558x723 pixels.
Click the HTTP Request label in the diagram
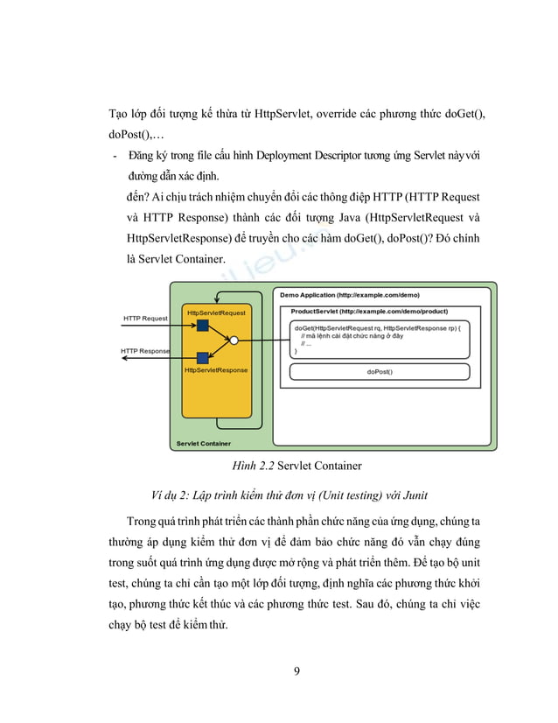coord(145,319)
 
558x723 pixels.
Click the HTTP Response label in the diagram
coord(145,351)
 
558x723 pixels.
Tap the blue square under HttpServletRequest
coord(203,325)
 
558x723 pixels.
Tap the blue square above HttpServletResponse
coord(203,357)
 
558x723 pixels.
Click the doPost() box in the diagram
coord(380,372)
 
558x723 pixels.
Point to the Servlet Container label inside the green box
coord(204,443)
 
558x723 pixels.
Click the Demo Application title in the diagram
coord(350,295)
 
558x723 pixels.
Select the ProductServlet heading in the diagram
coord(369,311)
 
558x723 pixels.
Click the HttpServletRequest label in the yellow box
coord(216,312)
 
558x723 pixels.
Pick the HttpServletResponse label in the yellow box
coord(216,370)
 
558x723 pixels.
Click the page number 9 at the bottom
coord(297,671)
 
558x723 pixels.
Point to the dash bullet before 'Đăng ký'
coord(112,157)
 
